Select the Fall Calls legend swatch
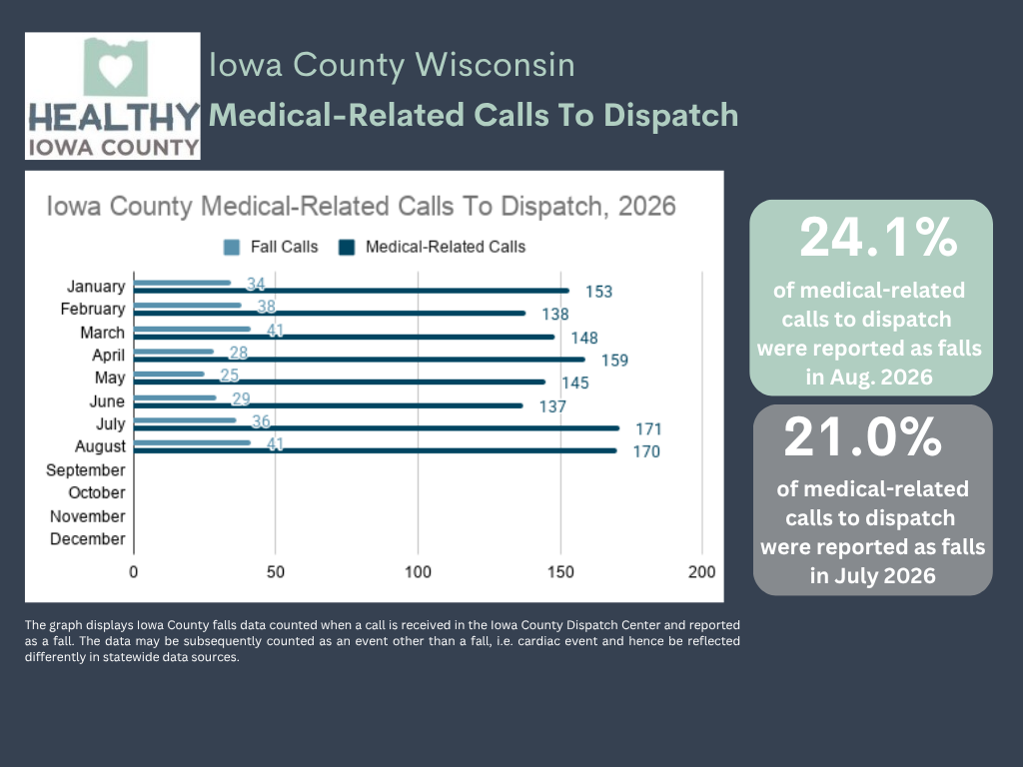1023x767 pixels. (x=232, y=248)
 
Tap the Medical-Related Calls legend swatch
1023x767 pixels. (x=347, y=248)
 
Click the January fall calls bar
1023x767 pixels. (x=182, y=283)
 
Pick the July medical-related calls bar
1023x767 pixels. (x=377, y=427)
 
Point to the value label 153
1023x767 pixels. (x=599, y=292)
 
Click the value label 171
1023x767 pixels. (x=648, y=429)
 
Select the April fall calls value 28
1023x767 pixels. (x=238, y=353)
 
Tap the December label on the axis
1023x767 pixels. (x=88, y=539)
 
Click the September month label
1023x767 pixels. (x=86, y=470)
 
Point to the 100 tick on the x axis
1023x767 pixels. (x=418, y=572)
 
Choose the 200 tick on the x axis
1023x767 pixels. (x=701, y=572)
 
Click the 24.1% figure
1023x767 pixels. (x=878, y=237)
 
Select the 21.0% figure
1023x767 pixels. (x=862, y=437)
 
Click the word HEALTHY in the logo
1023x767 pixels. (x=114, y=118)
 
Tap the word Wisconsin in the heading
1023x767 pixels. (x=495, y=65)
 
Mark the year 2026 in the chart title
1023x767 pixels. (x=646, y=206)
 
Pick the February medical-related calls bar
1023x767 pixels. (x=330, y=313)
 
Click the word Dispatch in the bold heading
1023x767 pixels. (x=670, y=116)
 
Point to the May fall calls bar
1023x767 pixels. (x=169, y=374)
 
